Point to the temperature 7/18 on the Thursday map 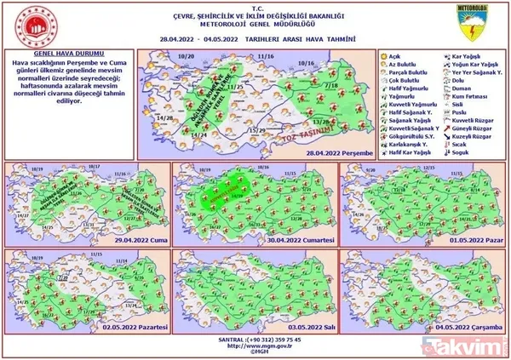[330, 86]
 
